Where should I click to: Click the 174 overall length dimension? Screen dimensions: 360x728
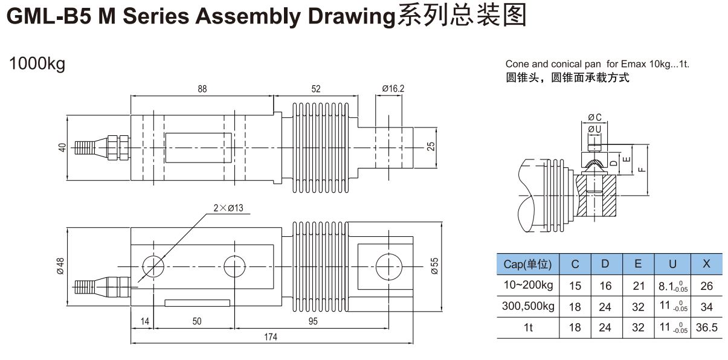click(x=270, y=337)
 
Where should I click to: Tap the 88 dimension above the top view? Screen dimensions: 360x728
click(x=202, y=89)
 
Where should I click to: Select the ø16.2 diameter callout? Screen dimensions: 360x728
click(x=393, y=89)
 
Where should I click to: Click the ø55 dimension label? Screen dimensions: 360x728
click(x=434, y=266)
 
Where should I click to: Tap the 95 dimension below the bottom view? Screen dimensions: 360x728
click(x=312, y=321)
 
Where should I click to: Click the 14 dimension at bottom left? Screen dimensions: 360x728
click(x=144, y=321)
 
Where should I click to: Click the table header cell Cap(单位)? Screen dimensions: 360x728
click(x=527, y=264)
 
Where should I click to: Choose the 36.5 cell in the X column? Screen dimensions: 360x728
click(x=706, y=327)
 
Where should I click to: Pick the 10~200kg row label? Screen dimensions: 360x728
click(x=528, y=284)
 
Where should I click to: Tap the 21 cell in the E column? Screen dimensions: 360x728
click(x=638, y=285)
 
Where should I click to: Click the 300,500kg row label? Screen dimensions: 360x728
click(x=528, y=306)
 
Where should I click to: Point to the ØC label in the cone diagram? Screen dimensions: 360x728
click(x=594, y=117)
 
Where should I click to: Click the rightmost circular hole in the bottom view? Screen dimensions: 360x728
click(x=387, y=266)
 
